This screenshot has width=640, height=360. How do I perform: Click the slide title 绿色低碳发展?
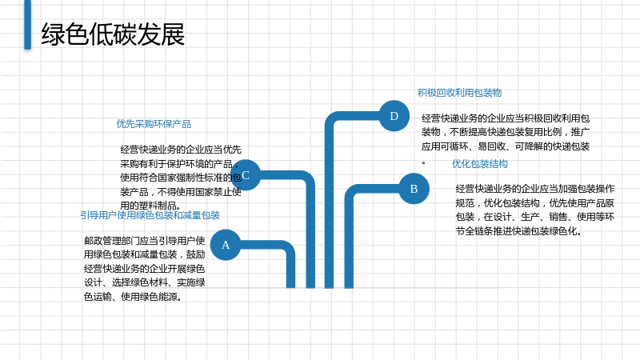pos(113,34)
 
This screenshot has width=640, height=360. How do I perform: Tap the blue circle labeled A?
pos(226,245)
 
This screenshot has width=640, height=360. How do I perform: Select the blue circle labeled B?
pos(414,189)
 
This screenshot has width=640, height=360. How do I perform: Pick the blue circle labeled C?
pos(246,175)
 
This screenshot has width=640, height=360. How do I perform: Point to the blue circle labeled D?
pos(394,116)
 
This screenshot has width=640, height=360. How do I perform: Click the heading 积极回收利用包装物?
pos(459,93)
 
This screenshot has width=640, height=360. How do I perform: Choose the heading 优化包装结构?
pos(479,164)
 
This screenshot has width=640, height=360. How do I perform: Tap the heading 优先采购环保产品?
pos(154,124)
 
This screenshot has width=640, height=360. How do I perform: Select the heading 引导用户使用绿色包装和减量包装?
pos(150,215)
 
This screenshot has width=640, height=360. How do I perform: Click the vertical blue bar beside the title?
pos(28,25)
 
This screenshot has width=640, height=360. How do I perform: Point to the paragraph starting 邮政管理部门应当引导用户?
pos(145,269)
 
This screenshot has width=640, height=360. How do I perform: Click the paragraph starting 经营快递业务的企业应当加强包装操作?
pos(534,210)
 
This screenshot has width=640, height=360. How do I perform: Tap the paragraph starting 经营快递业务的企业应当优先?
pos(181,178)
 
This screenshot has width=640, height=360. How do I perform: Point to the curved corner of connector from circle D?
pos(331,118)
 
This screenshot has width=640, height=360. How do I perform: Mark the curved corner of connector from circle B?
pos(350,190)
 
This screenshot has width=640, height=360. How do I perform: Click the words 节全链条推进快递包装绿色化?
pos(518,231)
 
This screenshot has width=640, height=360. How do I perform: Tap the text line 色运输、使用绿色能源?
pos(133,297)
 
